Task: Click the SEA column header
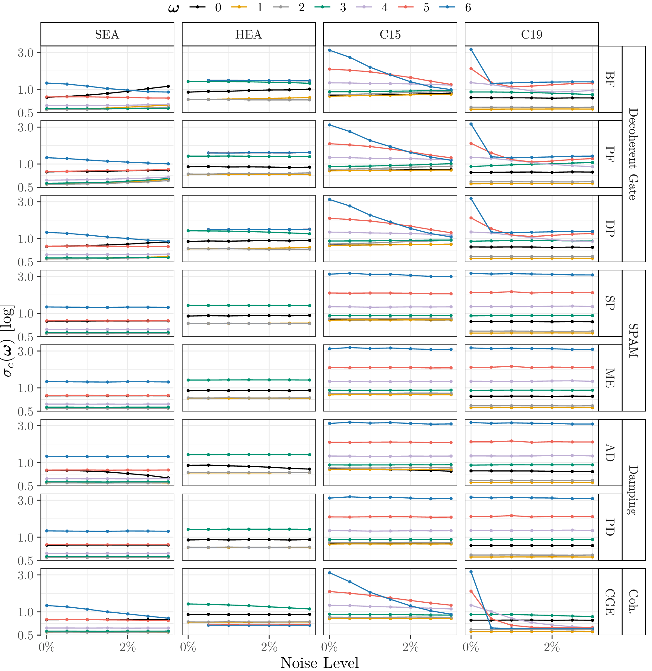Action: pyautogui.click(x=107, y=34)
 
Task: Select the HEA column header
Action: pyautogui.click(x=249, y=34)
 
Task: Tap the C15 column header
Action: pyautogui.click(x=390, y=34)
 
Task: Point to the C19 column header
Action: pyautogui.click(x=532, y=34)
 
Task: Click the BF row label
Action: pyautogui.click(x=610, y=79)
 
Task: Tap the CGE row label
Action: pyautogui.click(x=610, y=602)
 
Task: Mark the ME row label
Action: pyautogui.click(x=610, y=378)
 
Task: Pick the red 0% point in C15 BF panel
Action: pyautogui.click(x=330, y=69)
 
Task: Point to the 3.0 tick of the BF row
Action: pyautogui.click(x=26, y=53)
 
